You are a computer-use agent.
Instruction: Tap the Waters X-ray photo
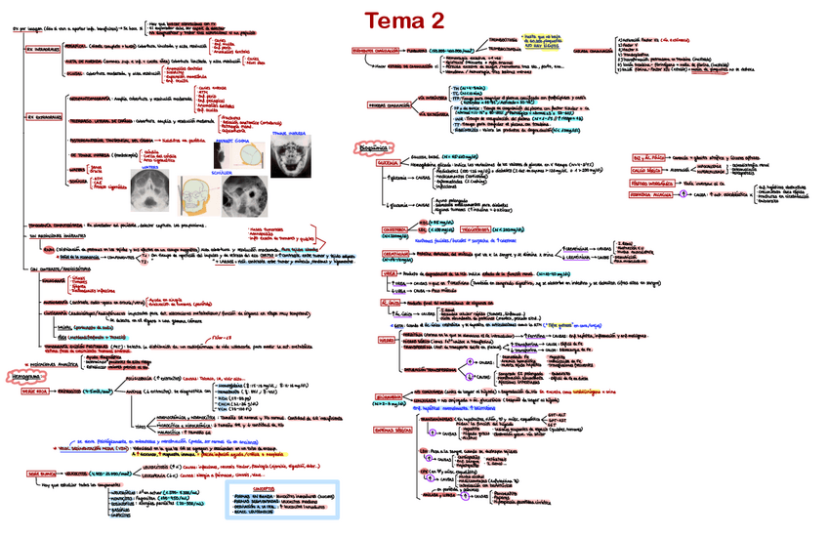[149, 188]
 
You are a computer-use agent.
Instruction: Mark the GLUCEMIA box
[366, 160]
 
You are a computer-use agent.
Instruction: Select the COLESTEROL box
[368, 230]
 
